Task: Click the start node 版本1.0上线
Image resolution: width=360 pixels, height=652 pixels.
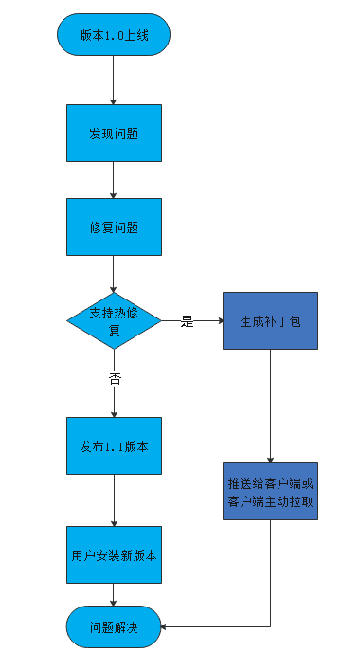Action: (114, 36)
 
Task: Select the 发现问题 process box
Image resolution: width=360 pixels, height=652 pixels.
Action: (114, 133)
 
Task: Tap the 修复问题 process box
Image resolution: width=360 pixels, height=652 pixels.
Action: (114, 227)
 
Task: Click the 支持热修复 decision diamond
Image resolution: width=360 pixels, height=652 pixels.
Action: (114, 321)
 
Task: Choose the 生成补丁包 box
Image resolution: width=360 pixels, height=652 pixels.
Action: (270, 321)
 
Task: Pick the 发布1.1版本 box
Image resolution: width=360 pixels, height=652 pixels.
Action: (114, 445)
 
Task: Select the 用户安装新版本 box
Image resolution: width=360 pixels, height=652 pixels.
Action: (114, 554)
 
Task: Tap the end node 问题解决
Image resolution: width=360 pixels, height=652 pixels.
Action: (114, 626)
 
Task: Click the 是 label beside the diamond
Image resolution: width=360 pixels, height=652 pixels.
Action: (187, 321)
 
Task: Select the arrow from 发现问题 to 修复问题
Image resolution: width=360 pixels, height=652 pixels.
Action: (114, 179)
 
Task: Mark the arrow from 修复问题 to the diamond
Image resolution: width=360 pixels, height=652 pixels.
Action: (114, 274)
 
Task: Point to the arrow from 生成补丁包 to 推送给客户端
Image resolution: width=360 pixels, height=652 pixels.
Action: (271, 403)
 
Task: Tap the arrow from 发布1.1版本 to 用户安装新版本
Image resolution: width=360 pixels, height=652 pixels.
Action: (114, 499)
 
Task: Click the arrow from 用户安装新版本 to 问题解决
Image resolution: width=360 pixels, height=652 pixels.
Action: (114, 594)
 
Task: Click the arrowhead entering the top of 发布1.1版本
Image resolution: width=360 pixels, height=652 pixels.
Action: (114, 413)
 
